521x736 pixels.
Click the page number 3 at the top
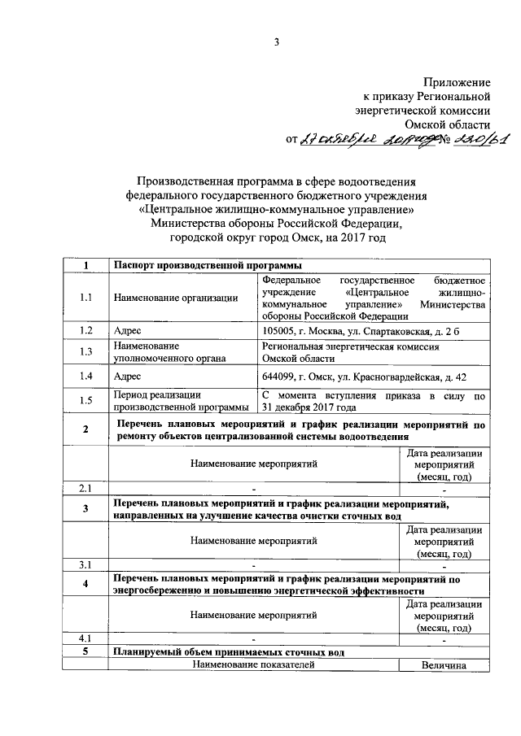click(276, 42)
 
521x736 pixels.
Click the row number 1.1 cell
click(85, 298)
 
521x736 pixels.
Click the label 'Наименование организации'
click(176, 298)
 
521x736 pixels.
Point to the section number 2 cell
click(85, 430)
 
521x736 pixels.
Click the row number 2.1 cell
click(85, 488)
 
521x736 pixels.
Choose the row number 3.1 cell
click(85, 564)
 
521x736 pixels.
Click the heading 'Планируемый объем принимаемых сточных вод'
click(229, 653)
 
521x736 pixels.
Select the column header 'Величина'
click(443, 666)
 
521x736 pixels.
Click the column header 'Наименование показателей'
click(253, 666)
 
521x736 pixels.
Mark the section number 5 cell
click(85, 653)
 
